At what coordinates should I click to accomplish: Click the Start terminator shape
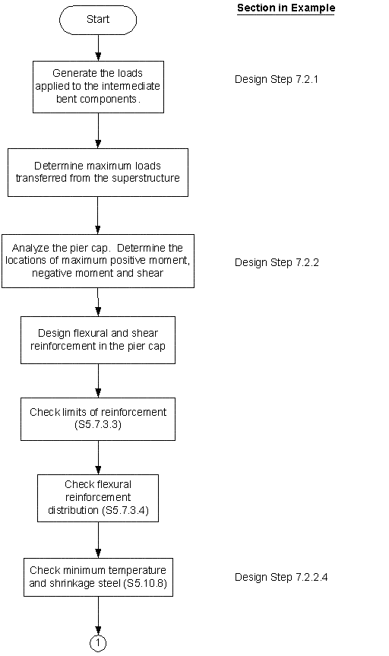(98, 21)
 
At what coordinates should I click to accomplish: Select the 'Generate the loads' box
(98, 86)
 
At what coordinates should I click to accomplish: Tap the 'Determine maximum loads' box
(98, 173)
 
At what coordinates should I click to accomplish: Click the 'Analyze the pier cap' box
(98, 261)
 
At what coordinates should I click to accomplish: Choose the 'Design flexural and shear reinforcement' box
(98, 340)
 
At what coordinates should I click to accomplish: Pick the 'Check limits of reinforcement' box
(98, 418)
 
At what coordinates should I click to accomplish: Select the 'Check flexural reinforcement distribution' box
(98, 498)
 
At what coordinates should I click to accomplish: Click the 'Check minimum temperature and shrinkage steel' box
(98, 577)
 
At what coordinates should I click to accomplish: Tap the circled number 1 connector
(98, 643)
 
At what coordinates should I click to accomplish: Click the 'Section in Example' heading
(286, 8)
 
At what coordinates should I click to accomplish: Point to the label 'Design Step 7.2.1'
(275, 78)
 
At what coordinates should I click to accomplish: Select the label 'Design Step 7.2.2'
(275, 262)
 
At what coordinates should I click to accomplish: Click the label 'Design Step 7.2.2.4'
(281, 577)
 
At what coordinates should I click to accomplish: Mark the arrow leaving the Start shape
(98, 47)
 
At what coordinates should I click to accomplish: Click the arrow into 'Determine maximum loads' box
(98, 131)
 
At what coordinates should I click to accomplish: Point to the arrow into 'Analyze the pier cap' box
(98, 216)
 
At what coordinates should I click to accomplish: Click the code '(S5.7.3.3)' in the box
(98, 425)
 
